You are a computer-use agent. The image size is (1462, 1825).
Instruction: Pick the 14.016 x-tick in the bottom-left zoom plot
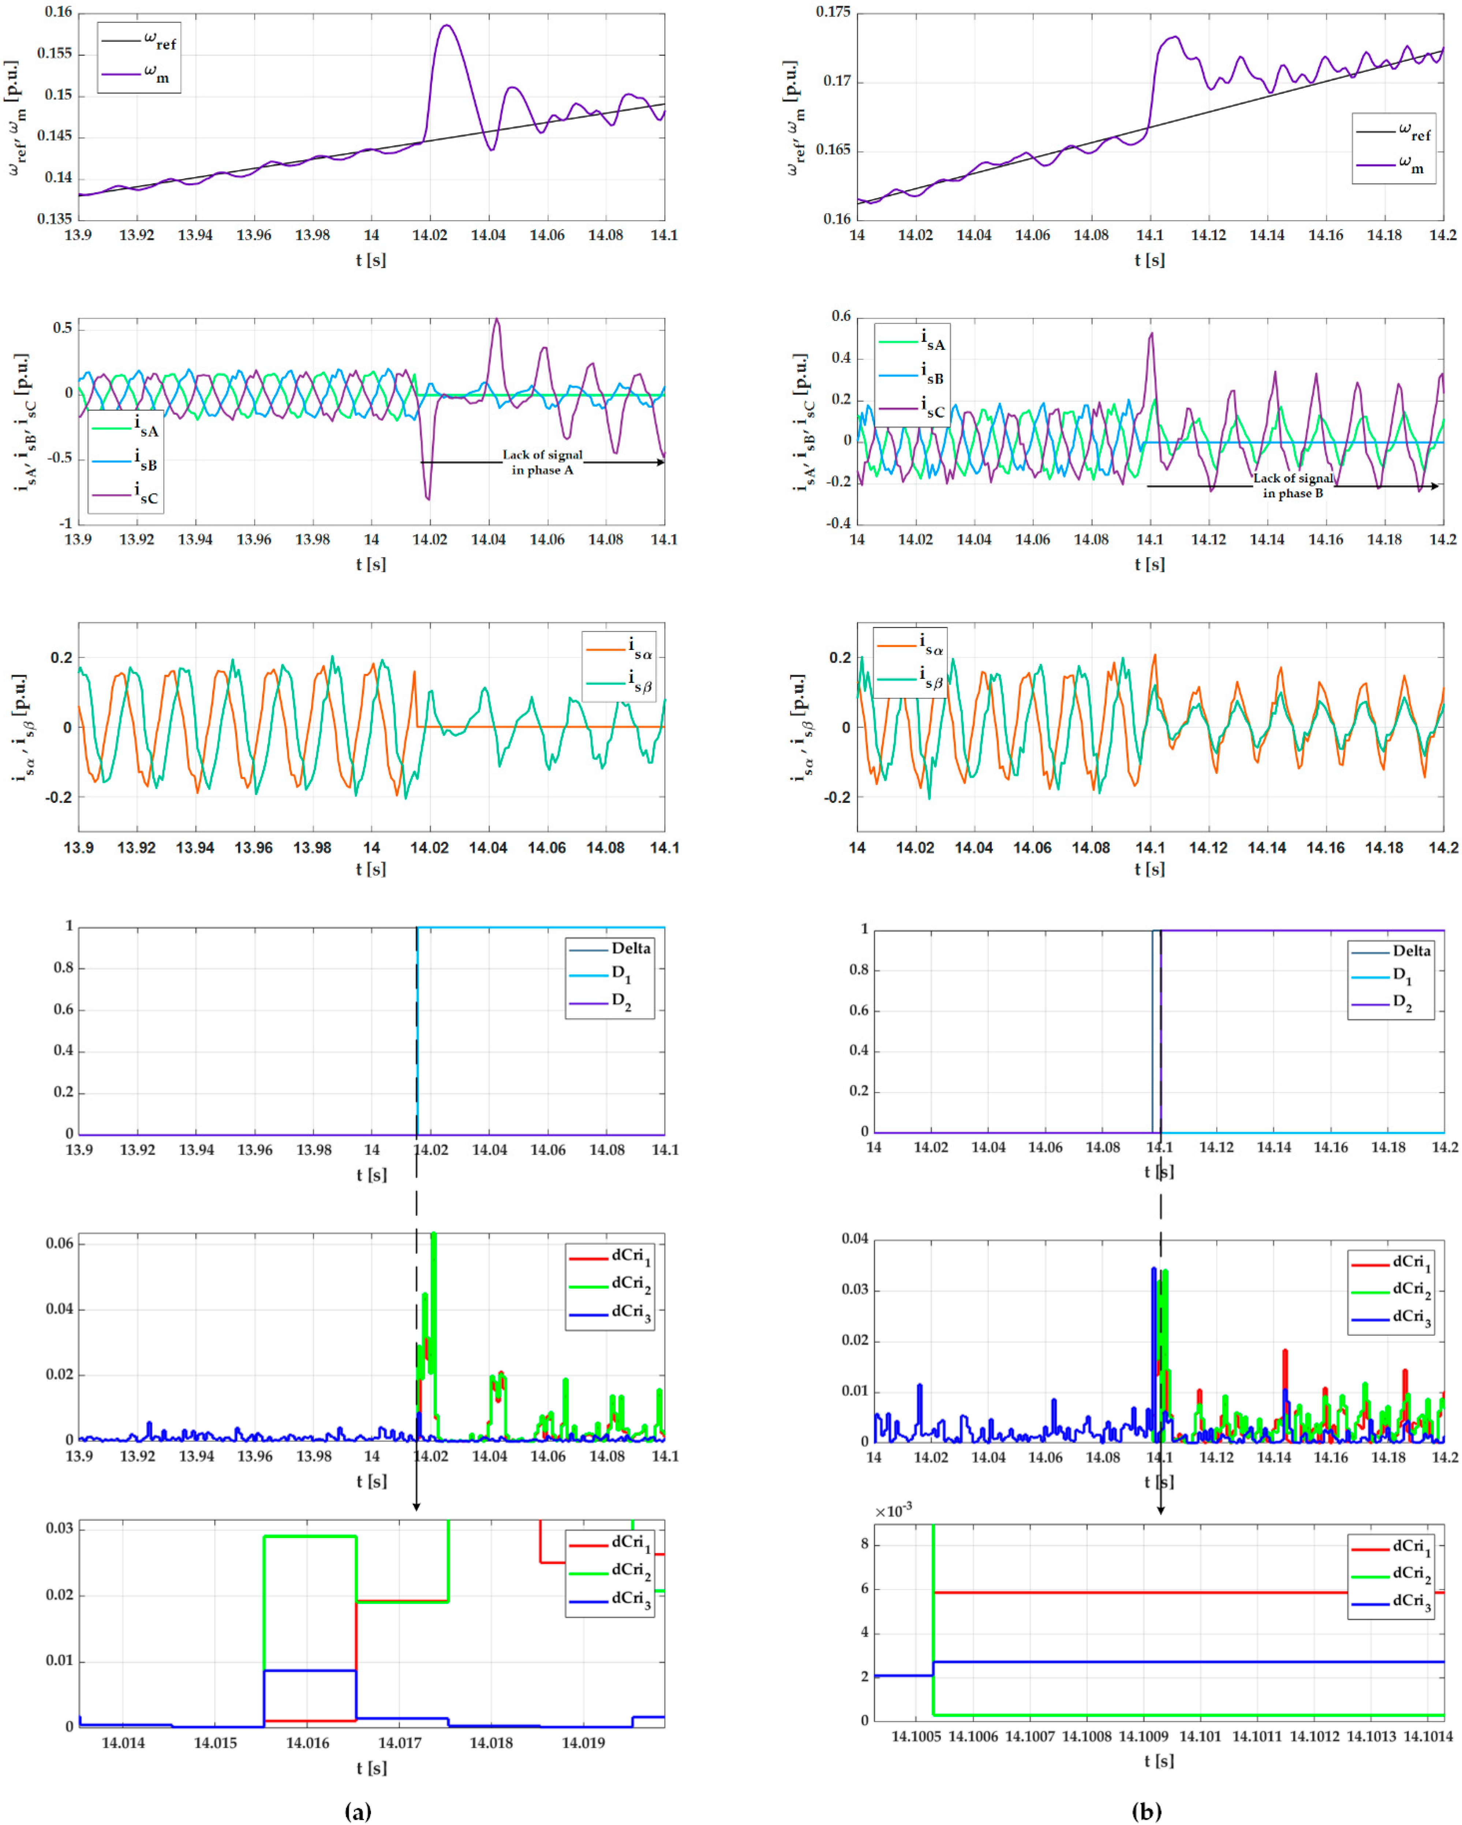tap(307, 1743)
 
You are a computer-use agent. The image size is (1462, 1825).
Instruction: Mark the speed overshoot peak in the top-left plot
tap(447, 25)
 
